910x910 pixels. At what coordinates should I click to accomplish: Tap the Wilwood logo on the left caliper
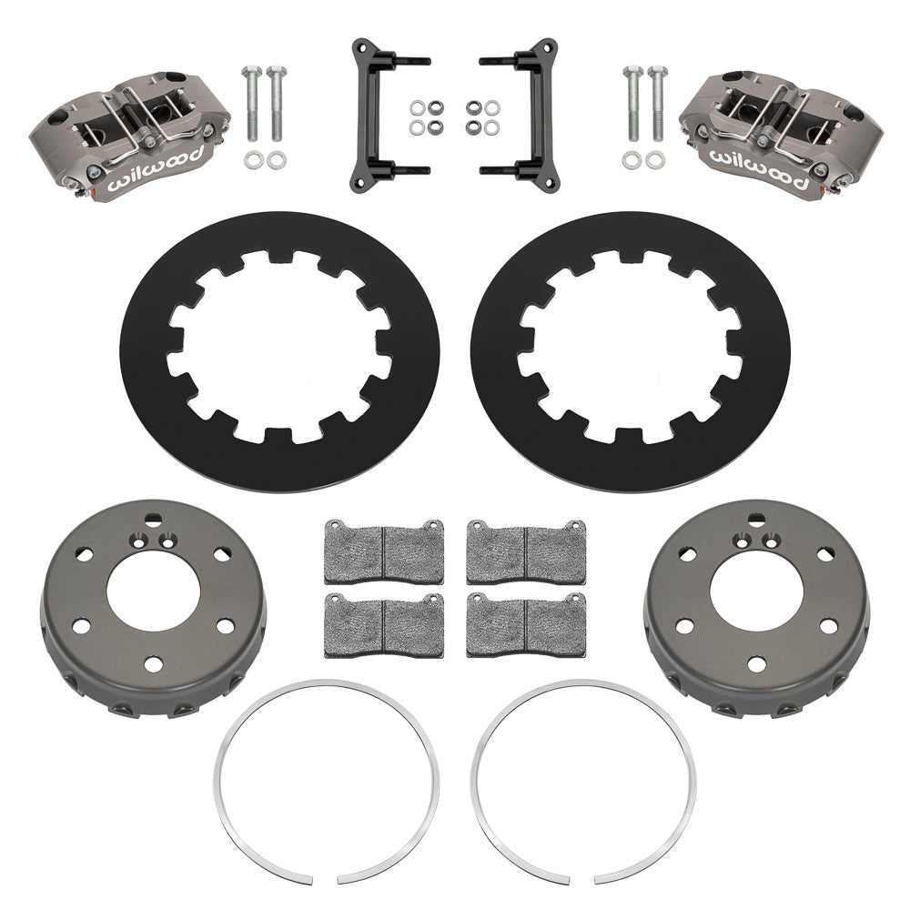150,177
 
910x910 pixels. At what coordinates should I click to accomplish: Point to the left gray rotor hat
82,637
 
